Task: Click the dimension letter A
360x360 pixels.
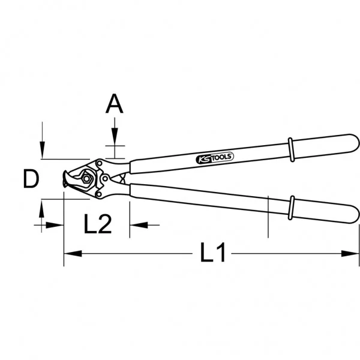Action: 115,104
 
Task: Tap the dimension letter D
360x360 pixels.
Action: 31,179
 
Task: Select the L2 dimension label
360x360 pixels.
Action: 98,224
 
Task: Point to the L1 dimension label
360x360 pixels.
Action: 212,252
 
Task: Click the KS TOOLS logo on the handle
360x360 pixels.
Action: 215,158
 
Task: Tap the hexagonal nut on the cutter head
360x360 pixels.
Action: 86,178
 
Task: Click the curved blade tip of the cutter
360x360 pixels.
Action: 66,179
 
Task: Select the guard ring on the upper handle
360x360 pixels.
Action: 291,150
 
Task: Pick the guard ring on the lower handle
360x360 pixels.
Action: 292,208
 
